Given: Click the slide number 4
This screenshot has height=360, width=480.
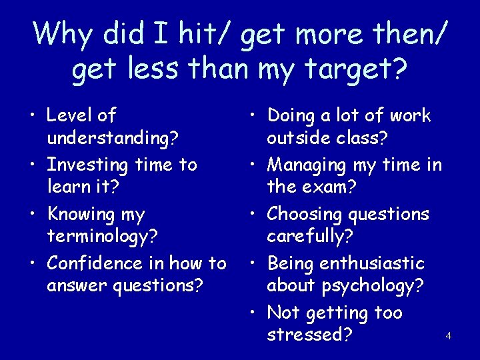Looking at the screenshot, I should [448, 336].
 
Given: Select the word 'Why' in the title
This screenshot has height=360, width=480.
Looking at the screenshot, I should [61, 33].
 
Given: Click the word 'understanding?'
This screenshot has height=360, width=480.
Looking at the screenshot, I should [112, 139].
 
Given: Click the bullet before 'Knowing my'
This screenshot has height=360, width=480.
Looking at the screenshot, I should [33, 214].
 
